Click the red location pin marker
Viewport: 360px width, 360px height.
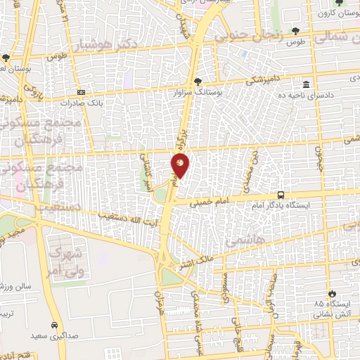tap(180, 165)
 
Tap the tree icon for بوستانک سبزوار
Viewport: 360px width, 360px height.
tap(199, 81)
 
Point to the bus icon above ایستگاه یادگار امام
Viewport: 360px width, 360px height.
tap(281, 195)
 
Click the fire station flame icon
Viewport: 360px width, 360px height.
tap(331, 292)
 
